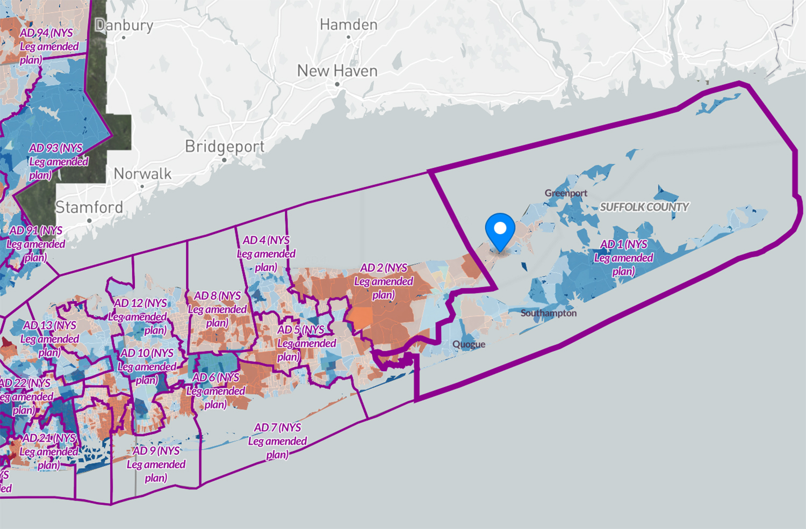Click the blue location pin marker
pyautogui.click(x=500, y=230)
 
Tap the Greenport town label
pyautogui.click(x=566, y=193)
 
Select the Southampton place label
pyautogui.click(x=548, y=313)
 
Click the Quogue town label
pyautogui.click(x=469, y=344)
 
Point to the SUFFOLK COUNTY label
pyautogui.click(x=644, y=207)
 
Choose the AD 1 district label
pyautogui.click(x=623, y=258)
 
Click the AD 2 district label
pyautogui.click(x=384, y=281)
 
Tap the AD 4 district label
pyautogui.click(x=266, y=253)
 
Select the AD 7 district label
pyautogui.click(x=277, y=441)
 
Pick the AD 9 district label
pyautogui.click(x=156, y=464)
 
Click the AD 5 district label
pyautogui.click(x=306, y=343)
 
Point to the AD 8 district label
pyautogui.click(x=217, y=309)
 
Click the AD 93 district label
pyautogui.click(x=58, y=161)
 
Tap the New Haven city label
pyautogui.click(x=337, y=71)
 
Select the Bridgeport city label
pyautogui.click(x=225, y=147)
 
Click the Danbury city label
pyautogui.click(x=124, y=25)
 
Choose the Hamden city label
pyautogui.click(x=348, y=25)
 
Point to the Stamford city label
pyautogui.click(x=89, y=207)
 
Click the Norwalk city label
pyautogui.click(x=142, y=174)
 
